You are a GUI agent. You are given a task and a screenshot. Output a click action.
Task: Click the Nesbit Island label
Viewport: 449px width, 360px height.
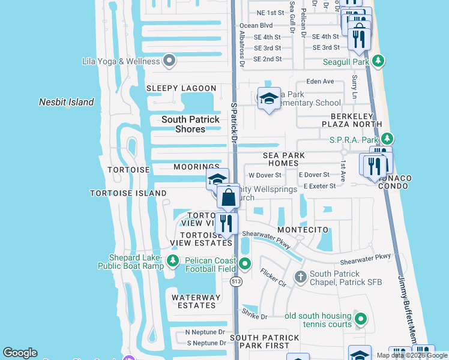point(67,102)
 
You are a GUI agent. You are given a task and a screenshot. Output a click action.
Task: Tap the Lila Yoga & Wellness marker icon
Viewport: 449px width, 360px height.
point(169,61)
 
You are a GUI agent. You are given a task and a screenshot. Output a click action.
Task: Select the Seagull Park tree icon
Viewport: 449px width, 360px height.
point(378,61)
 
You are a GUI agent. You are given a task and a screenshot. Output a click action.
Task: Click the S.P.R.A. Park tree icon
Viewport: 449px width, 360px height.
point(387,139)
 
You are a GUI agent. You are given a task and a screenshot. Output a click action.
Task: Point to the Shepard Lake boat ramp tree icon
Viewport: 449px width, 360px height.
point(172,260)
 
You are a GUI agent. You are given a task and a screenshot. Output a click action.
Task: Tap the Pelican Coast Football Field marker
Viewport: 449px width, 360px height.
point(245,263)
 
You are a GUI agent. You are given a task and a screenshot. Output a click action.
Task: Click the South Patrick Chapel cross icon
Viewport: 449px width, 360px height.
point(300,277)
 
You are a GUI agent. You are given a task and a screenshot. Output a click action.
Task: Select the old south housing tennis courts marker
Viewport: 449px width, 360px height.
point(360,319)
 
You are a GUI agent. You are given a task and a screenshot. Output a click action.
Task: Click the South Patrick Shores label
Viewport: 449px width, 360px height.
point(190,124)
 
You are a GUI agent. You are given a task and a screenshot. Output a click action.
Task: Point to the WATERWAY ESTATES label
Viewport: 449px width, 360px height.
point(193,301)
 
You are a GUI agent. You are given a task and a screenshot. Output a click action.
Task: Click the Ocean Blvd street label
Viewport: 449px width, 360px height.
point(256,26)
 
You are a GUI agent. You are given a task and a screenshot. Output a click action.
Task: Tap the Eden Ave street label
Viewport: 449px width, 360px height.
point(320,81)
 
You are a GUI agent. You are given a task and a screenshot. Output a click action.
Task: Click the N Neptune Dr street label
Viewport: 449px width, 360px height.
point(205,332)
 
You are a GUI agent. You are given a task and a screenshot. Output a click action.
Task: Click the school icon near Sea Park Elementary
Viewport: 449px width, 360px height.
point(269,98)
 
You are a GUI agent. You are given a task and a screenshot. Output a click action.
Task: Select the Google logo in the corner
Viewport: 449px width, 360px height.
point(20,353)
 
